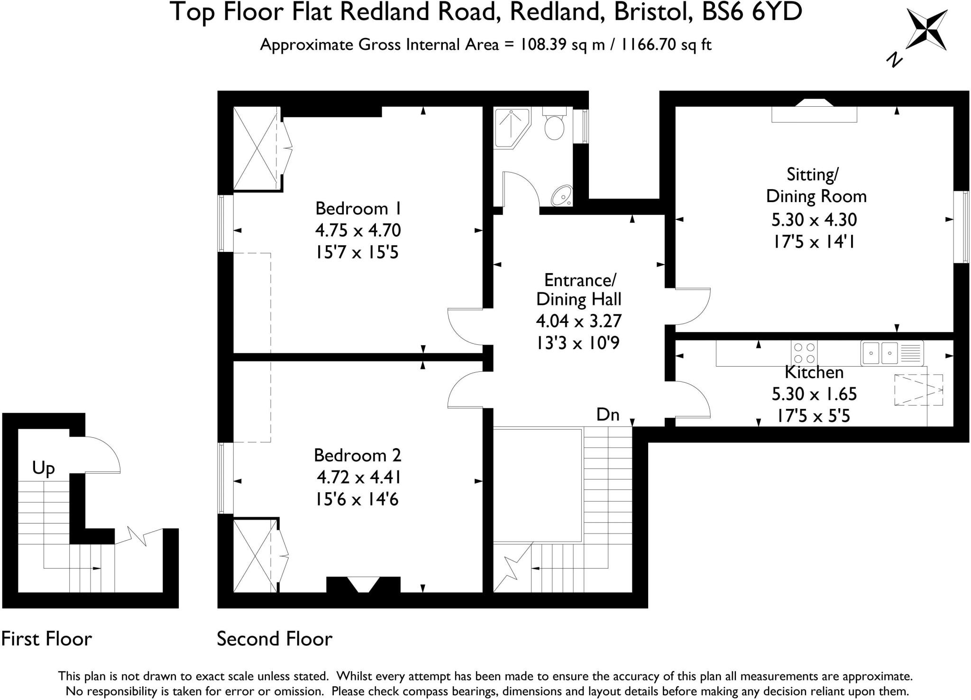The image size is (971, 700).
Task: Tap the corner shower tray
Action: tap(510, 127)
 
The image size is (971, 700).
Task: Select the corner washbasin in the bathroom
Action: tap(563, 196)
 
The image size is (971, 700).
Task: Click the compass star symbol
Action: tap(926, 30)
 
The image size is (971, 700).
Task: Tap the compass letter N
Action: tap(894, 60)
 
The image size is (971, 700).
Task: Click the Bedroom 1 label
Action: tap(358, 209)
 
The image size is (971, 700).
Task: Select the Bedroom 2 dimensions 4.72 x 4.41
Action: tap(359, 477)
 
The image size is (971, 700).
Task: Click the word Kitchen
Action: tap(814, 373)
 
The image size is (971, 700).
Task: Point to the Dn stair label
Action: tap(607, 415)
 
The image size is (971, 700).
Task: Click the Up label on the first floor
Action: tap(43, 469)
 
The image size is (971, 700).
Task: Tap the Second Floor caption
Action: tap(275, 639)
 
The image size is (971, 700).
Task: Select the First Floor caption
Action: tap(46, 639)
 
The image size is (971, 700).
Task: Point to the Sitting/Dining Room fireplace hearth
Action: tap(814, 114)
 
